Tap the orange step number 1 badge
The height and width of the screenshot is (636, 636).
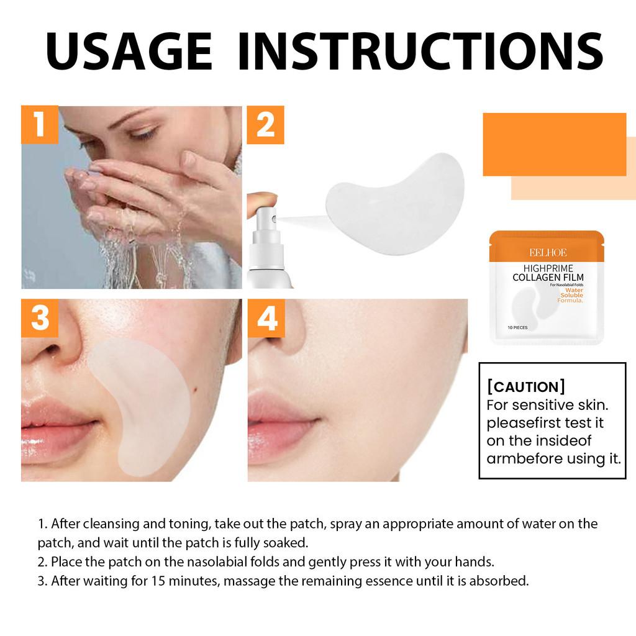(x=40, y=124)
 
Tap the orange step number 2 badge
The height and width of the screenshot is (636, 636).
(x=266, y=125)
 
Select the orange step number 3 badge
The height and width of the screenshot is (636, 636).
(x=40, y=318)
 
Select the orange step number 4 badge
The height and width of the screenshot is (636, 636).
(x=266, y=318)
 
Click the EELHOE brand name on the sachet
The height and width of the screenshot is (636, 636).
(x=548, y=252)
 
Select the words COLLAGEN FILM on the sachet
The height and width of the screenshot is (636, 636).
(x=548, y=277)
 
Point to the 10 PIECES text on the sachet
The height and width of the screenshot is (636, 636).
(x=517, y=327)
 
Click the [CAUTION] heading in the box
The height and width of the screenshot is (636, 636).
(x=526, y=387)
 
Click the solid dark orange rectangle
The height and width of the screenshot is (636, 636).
(x=554, y=144)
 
